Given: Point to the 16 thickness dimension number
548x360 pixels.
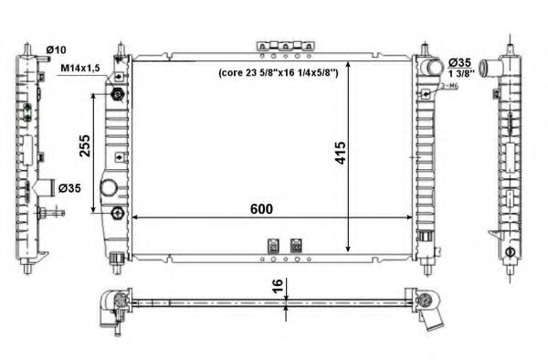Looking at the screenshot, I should point(275,287).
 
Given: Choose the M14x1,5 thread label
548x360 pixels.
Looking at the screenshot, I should point(80,68).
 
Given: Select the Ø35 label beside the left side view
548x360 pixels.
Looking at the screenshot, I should point(70,189).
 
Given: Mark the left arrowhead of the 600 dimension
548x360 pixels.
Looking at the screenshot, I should point(134,218).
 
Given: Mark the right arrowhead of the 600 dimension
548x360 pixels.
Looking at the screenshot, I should point(408,218).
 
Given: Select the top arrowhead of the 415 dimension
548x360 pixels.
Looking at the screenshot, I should point(349,59).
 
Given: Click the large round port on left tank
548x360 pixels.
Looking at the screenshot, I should point(109,188).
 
